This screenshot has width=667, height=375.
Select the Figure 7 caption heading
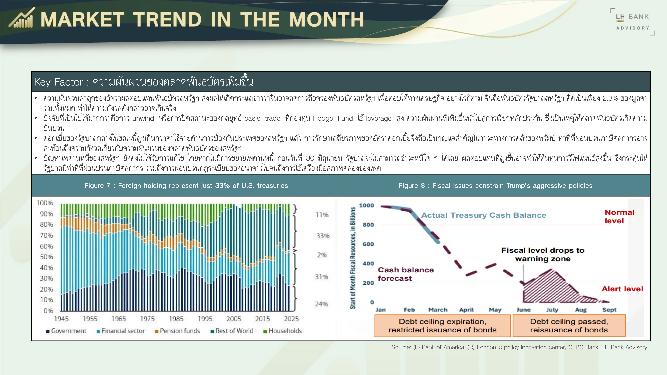(x=186, y=185)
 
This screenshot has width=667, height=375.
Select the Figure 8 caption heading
(x=495, y=185)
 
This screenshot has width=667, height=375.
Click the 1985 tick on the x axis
(x=176, y=319)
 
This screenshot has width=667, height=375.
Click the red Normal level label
(x=619, y=217)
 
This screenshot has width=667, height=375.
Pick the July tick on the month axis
(x=552, y=310)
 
